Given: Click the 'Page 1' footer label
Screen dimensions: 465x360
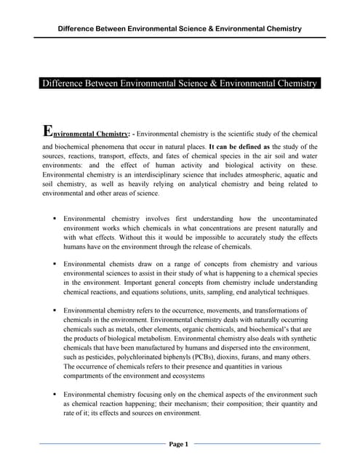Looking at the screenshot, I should click(x=179, y=444).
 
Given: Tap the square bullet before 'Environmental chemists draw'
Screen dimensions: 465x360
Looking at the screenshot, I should click(x=55, y=263).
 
